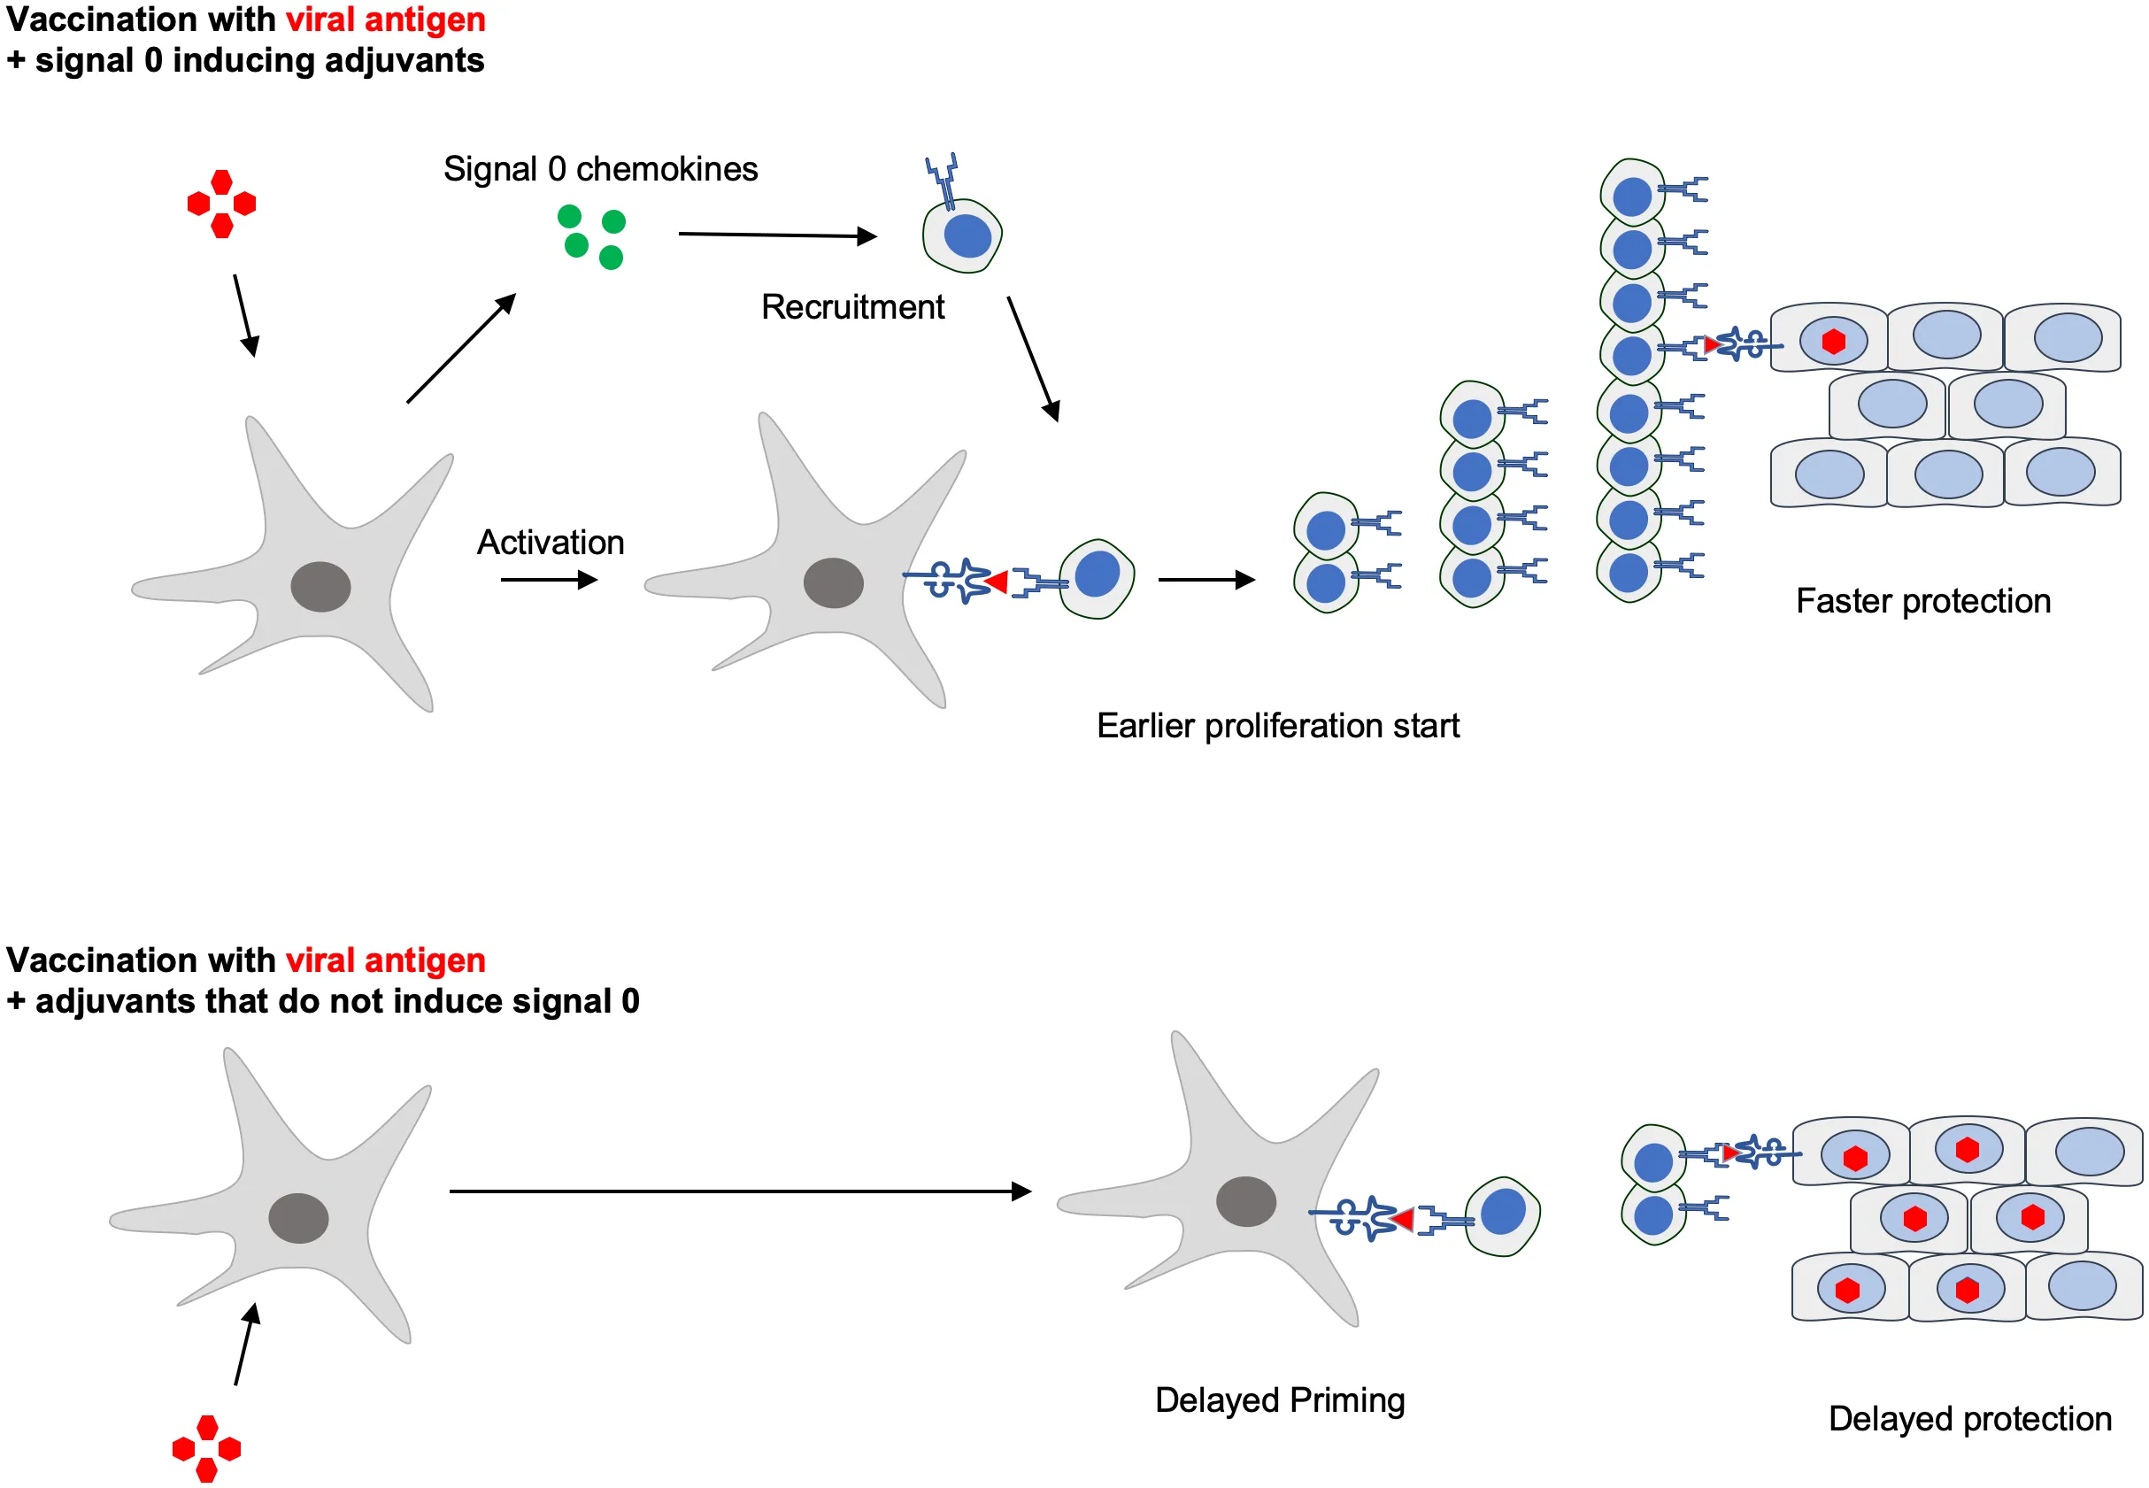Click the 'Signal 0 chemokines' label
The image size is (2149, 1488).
tap(599, 170)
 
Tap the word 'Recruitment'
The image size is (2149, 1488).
tap(852, 307)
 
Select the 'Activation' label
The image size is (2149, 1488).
tap(550, 543)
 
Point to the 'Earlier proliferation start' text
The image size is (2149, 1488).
tap(1277, 725)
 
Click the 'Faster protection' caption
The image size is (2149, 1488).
tap(1922, 601)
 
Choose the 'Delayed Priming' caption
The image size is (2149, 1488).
tap(1279, 1400)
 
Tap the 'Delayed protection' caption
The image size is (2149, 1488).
tap(1969, 1419)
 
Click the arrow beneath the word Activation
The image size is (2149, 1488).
tap(548, 580)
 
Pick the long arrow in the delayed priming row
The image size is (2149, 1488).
tap(739, 1191)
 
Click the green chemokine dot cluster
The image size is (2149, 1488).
tap(591, 237)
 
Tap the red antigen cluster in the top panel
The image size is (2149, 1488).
tap(221, 204)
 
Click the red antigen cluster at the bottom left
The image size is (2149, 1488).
tap(207, 1448)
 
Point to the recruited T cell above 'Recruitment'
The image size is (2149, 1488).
tap(962, 233)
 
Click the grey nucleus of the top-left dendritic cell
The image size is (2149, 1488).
tap(320, 586)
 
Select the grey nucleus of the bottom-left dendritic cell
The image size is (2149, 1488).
tap(298, 1218)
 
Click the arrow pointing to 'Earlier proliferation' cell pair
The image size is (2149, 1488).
tap(1206, 580)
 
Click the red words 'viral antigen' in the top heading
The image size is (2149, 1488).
tap(385, 19)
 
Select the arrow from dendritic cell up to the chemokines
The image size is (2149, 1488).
tap(461, 348)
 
